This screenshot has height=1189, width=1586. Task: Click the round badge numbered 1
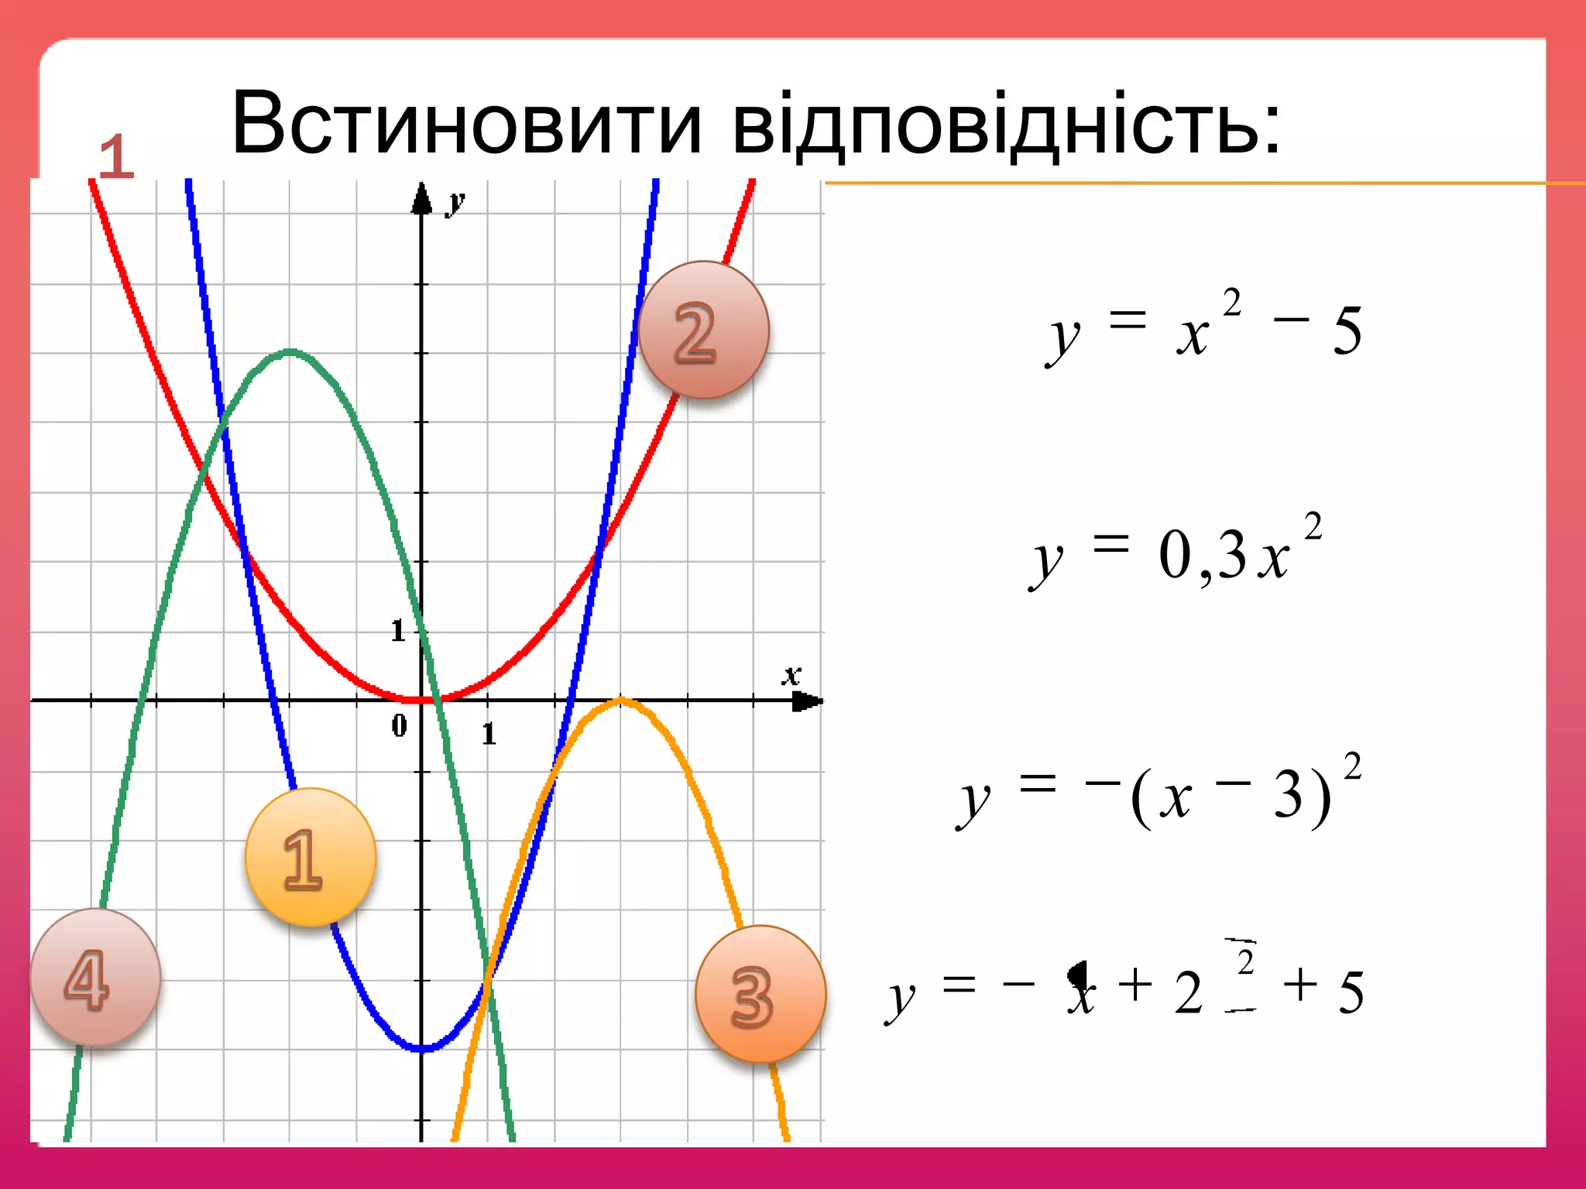coord(311,857)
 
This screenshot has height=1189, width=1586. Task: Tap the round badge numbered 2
coord(703,330)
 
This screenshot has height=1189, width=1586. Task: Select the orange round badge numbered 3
coord(760,994)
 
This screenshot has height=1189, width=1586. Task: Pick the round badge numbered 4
coord(95,977)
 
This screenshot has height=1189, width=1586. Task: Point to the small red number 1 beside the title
coord(116,157)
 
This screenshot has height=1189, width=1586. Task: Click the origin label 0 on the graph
coord(399,725)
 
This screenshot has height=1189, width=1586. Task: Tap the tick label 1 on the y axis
coord(398,631)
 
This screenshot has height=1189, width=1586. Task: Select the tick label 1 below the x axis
coord(489,733)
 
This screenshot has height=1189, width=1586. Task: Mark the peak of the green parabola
coord(290,351)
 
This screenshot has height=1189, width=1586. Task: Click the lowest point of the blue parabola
coord(422,1049)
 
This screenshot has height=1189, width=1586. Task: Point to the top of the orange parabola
coord(621,701)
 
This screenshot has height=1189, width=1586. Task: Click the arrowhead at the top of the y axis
coord(421,197)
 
